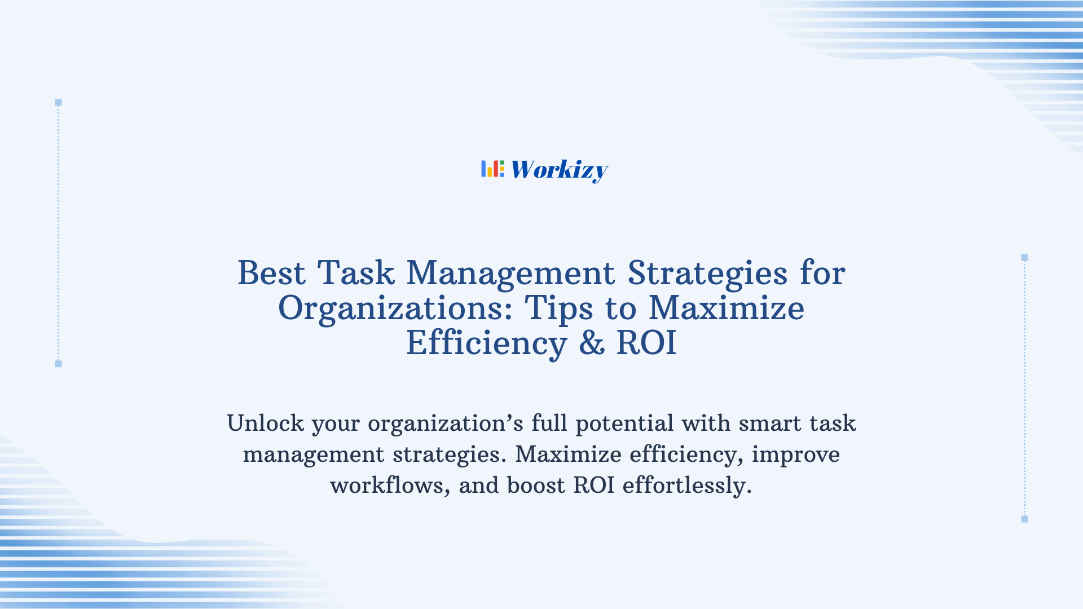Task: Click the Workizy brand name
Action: tap(559, 170)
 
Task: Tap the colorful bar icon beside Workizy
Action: tap(492, 169)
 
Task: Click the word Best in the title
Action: tap(271, 273)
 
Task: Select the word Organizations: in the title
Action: tap(395, 309)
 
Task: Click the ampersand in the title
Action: tap(592, 343)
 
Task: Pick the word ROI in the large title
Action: tap(646, 343)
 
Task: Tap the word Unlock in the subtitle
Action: tap(265, 423)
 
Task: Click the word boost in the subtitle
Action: tap(536, 486)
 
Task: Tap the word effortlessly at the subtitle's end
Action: tap(687, 486)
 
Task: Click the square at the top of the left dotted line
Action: tap(58, 103)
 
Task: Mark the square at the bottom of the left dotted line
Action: tap(58, 364)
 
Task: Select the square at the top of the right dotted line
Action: tap(1024, 258)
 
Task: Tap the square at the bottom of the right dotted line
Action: tap(1024, 519)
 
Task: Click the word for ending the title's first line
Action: tap(822, 273)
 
